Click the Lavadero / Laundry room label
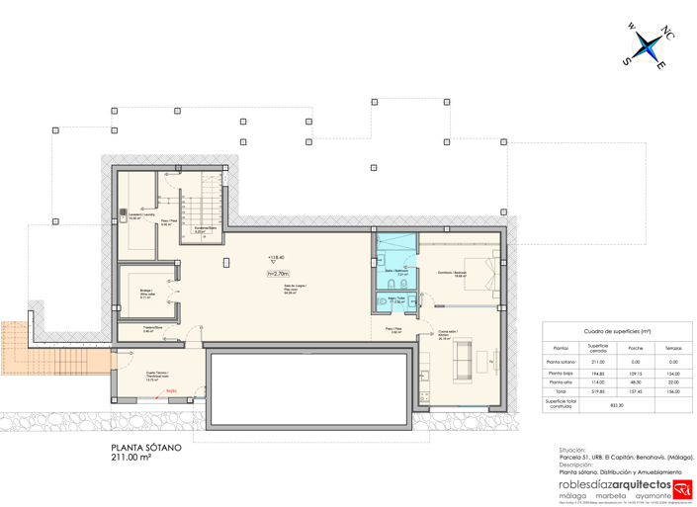click(x=141, y=215)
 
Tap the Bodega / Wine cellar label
click(x=146, y=292)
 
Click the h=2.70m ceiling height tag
click(x=278, y=274)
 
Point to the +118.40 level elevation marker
click(x=277, y=258)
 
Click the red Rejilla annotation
click(x=172, y=390)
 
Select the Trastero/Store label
click(x=152, y=329)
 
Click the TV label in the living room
click(x=491, y=362)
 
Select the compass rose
click(x=647, y=44)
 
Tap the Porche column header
click(x=636, y=348)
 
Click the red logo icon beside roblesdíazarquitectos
click(x=682, y=488)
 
